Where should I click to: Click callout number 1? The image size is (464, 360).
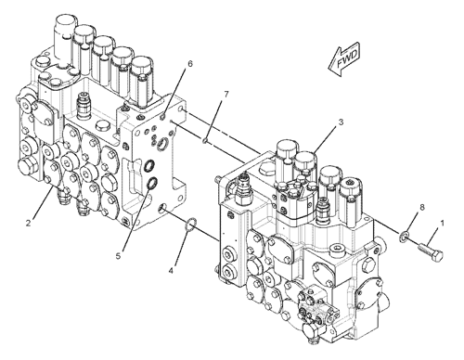[x=442, y=224]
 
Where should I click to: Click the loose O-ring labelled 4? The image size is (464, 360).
[x=187, y=224]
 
